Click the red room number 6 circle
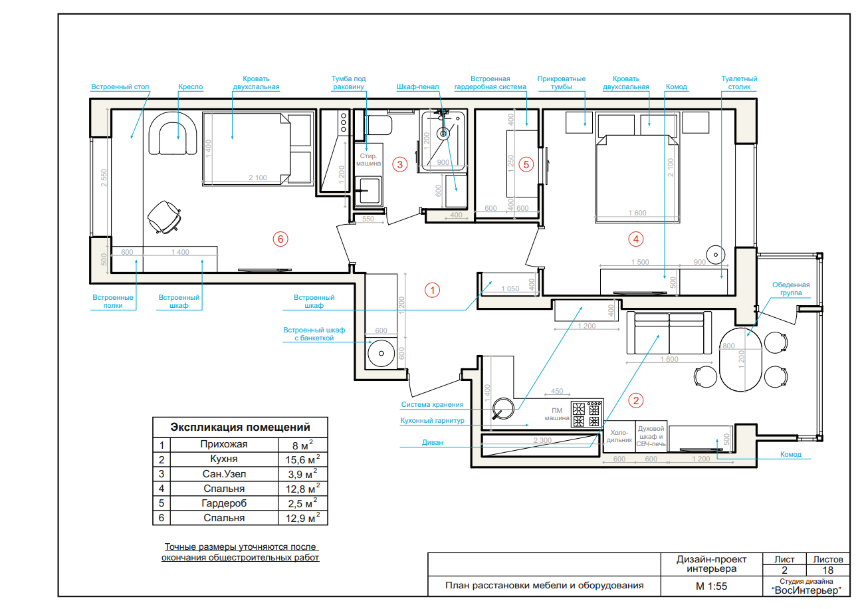click(280, 239)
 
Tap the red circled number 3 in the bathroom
click(399, 164)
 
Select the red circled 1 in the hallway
click(432, 290)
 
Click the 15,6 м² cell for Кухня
click(302, 459)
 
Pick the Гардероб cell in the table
click(224, 503)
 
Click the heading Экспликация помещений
click(240, 427)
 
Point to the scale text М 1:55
click(711, 586)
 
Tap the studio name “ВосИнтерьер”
click(806, 590)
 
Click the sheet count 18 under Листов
click(827, 570)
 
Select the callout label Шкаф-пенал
click(417, 86)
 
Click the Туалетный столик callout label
click(739, 82)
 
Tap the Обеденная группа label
click(791, 289)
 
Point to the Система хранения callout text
click(432, 404)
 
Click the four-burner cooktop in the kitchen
click(587, 414)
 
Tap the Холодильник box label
click(619, 436)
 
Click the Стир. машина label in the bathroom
click(368, 160)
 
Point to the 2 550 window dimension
click(104, 178)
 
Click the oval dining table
click(740, 360)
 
